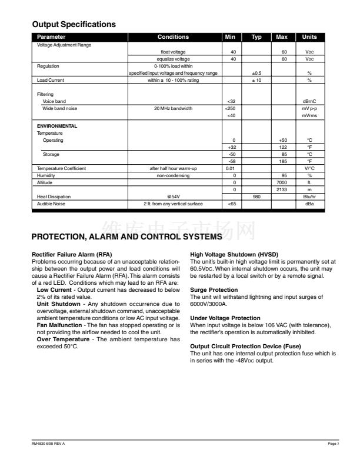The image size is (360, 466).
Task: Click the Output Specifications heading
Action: [74, 25]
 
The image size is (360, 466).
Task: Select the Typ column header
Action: [256, 37]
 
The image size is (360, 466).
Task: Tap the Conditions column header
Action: [174, 37]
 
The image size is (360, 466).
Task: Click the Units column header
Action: [309, 37]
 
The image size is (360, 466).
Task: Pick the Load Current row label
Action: [51, 80]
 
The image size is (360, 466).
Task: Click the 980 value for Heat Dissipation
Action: [256, 197]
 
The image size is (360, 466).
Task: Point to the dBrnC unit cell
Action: [309, 101]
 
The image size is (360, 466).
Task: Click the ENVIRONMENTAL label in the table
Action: [57, 126]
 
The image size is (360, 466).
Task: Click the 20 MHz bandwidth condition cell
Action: [174, 108]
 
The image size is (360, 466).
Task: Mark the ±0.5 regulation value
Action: [256, 73]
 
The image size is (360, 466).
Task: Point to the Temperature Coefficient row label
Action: [61, 168]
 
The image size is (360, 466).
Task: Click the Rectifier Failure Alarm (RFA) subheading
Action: [71, 254]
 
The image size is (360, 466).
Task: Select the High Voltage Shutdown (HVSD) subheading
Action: [234, 254]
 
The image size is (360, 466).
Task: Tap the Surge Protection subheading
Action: [214, 289]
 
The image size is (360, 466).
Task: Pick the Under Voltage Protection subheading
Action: [225, 318]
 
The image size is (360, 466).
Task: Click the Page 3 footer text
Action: [334, 442]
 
